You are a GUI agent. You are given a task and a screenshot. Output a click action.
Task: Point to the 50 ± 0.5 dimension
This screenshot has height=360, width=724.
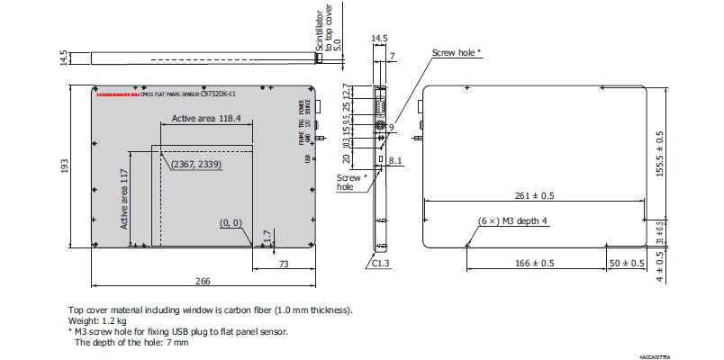coord(628,264)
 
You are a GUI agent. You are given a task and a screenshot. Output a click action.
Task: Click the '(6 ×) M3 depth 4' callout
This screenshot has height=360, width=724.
coord(511,220)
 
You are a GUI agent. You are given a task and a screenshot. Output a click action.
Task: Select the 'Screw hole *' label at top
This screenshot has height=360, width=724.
coord(457,52)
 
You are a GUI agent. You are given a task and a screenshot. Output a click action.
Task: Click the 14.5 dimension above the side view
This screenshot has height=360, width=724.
coord(379,38)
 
